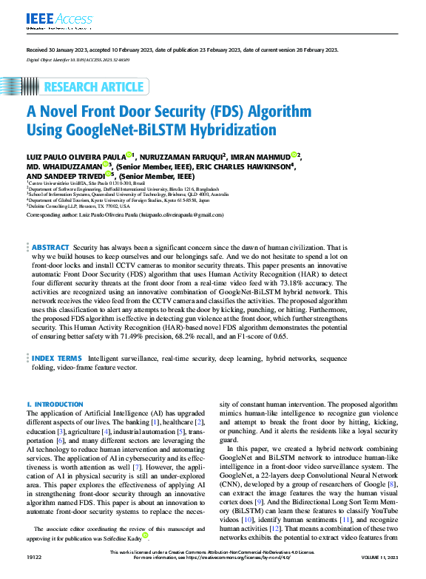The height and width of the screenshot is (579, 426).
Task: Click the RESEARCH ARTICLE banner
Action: click(94, 87)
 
